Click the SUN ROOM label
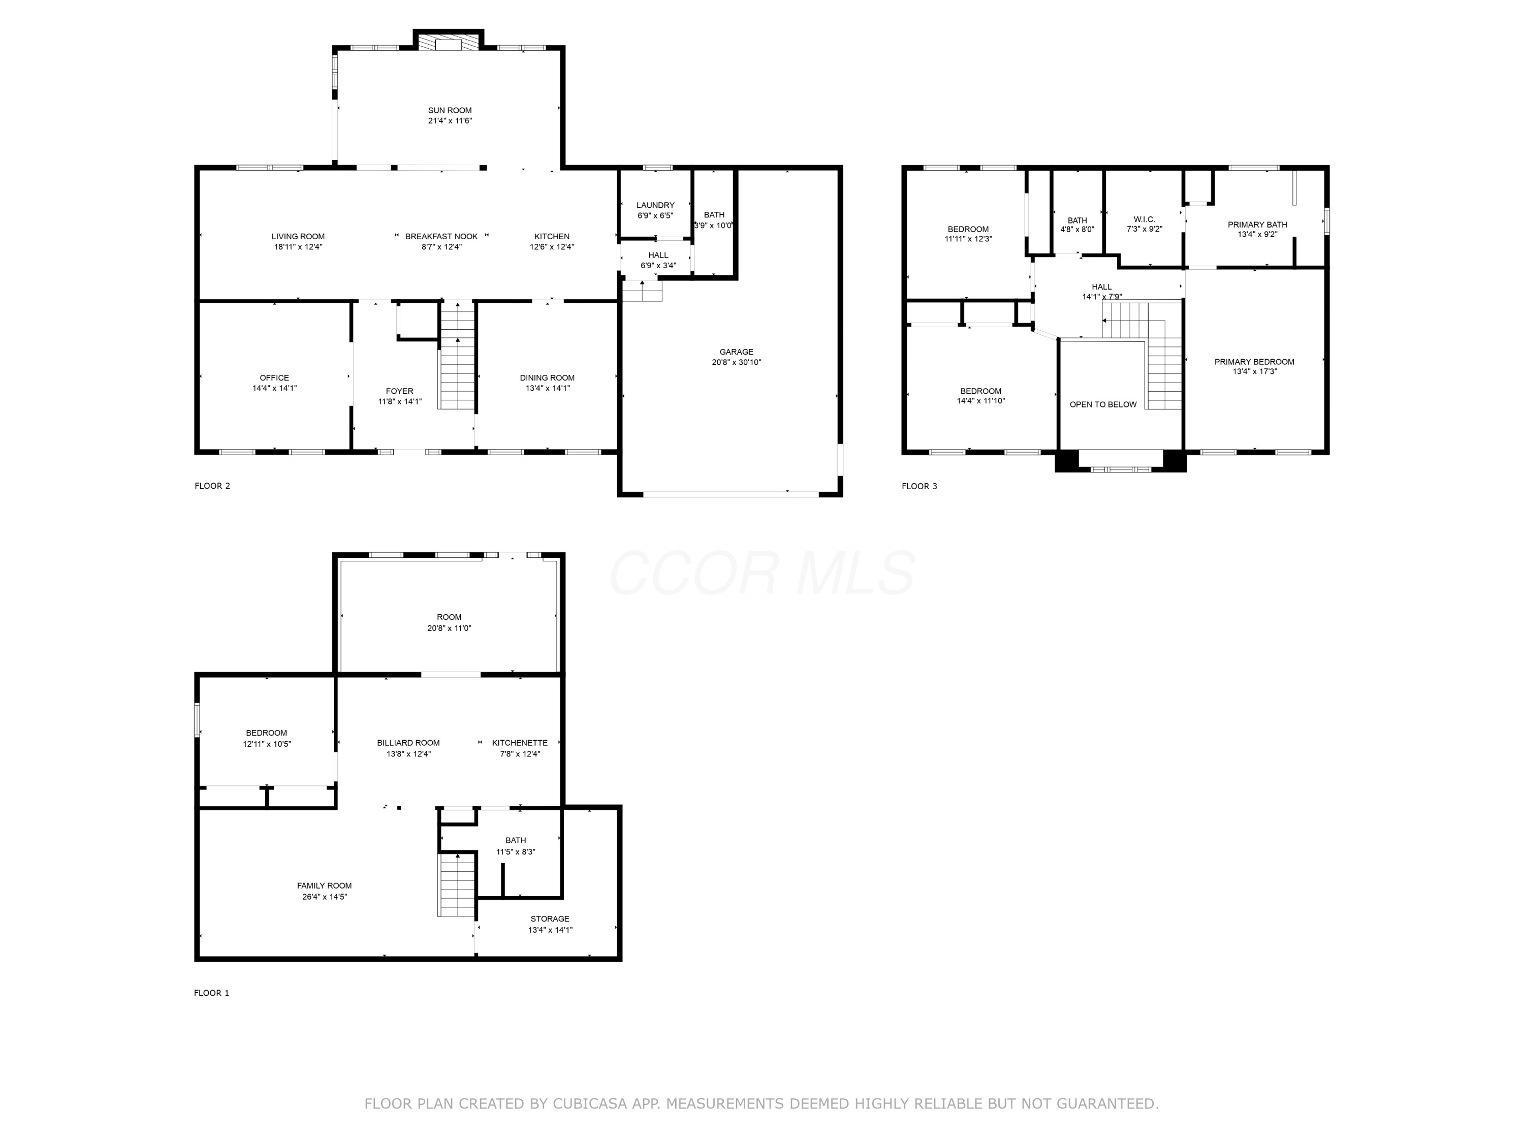click(450, 110)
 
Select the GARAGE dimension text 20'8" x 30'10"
click(737, 362)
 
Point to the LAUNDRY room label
click(655, 205)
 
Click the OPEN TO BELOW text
click(1103, 404)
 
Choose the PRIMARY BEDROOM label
click(1254, 362)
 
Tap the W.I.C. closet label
click(1145, 219)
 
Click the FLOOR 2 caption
click(212, 486)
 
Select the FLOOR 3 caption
click(919, 487)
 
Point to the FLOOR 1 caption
click(211, 993)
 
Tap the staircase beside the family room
click(457, 884)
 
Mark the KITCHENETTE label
click(520, 743)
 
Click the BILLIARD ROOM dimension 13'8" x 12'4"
click(408, 754)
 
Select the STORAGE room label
click(550, 918)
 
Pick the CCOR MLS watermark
click(762, 573)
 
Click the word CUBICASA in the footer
click(590, 1104)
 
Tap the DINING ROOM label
click(547, 377)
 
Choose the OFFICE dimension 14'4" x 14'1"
click(274, 389)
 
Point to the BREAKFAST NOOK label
click(441, 236)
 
